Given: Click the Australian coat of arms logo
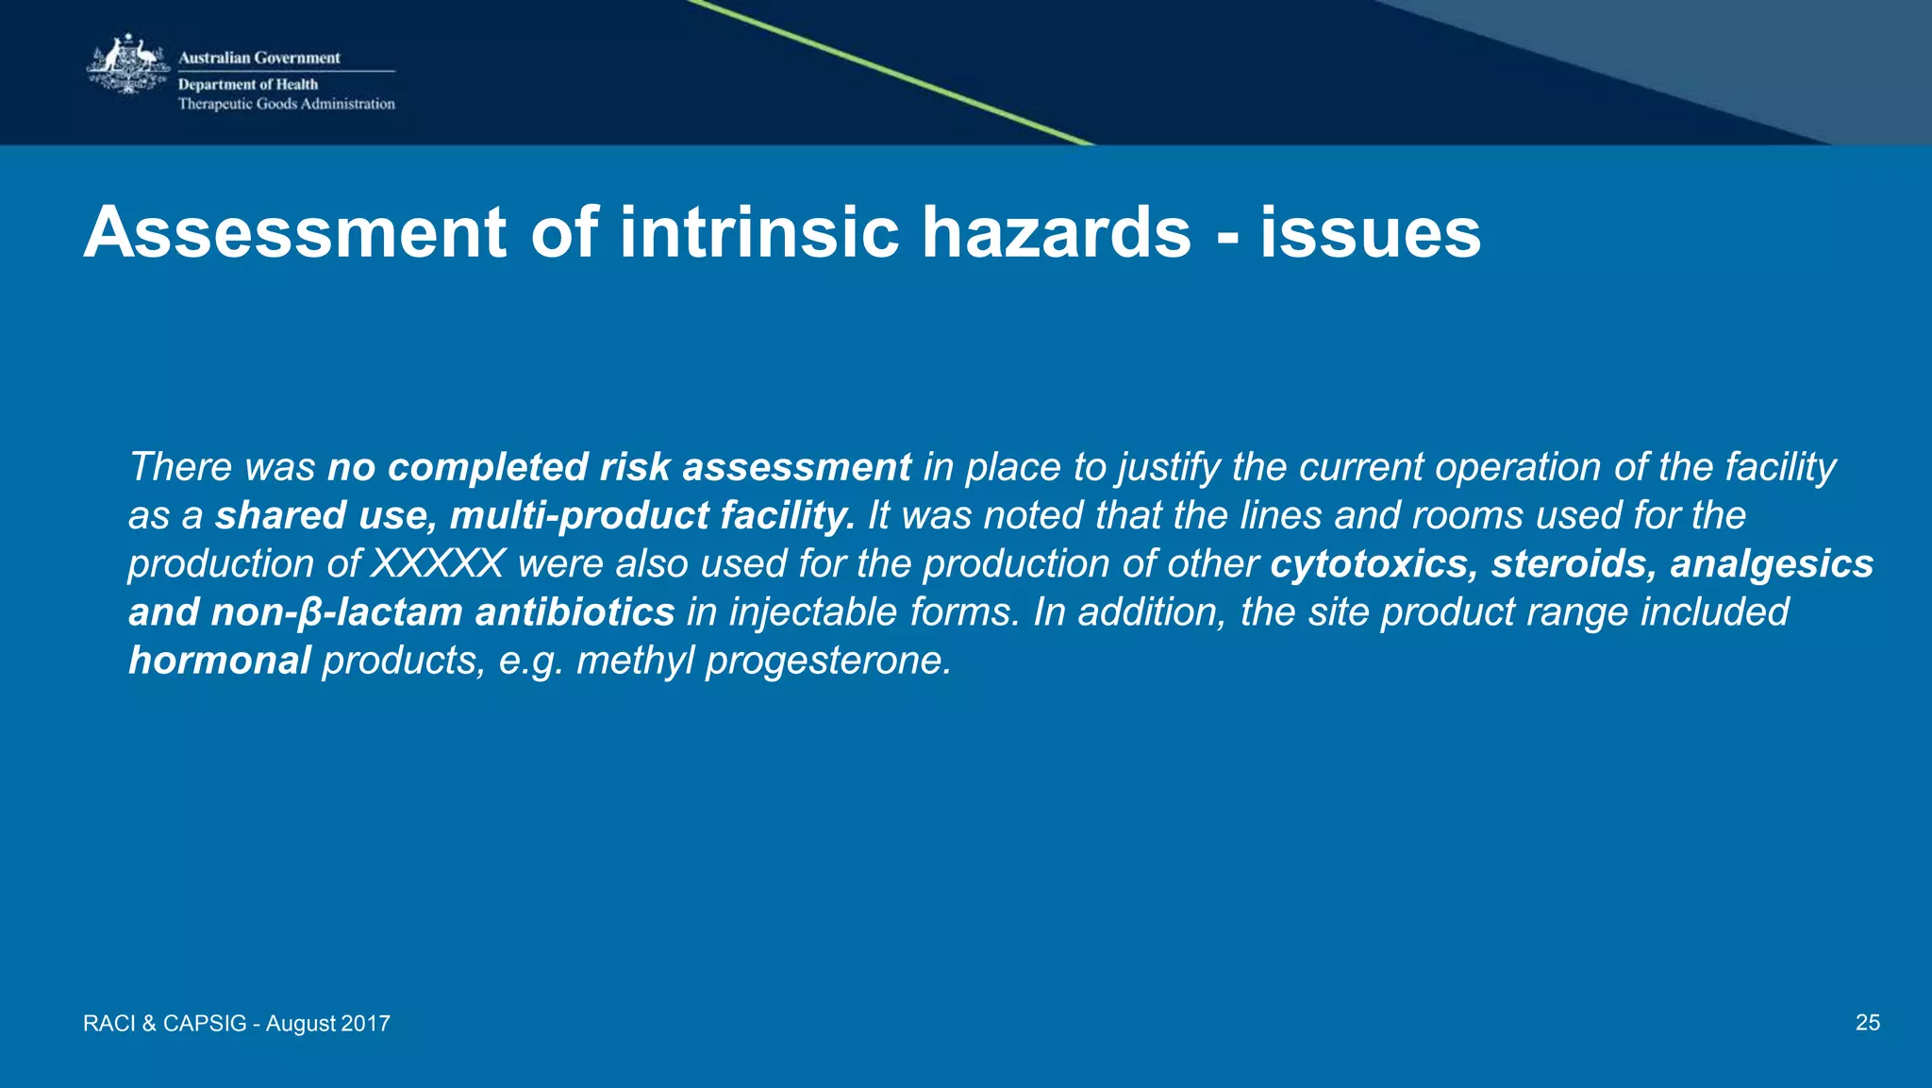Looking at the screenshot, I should coord(127,64).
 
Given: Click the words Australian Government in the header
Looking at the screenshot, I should coord(259,58).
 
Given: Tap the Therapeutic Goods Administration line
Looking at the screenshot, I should coord(287,104).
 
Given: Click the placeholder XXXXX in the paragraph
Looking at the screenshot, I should coord(438,564).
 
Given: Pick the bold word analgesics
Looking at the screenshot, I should coord(1772,564).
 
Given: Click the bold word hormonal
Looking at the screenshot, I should coord(220,661).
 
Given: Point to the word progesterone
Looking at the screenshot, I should coord(828,661).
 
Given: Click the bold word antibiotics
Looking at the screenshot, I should coord(575,612).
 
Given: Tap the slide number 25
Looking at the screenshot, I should coord(1867,1023).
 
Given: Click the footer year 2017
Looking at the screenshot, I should coord(365,1024).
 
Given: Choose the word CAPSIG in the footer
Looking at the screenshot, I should coord(205,1024).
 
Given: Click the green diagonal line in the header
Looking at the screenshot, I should coord(891,73).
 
